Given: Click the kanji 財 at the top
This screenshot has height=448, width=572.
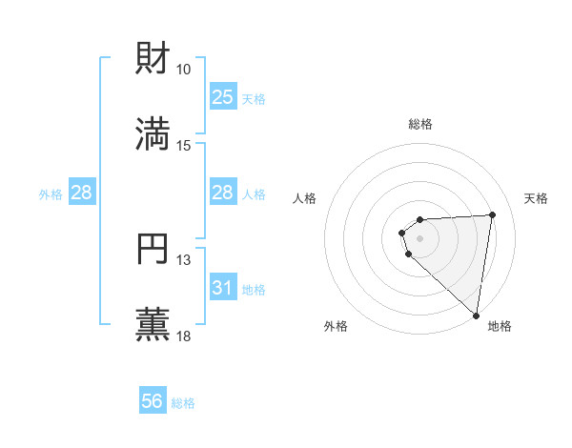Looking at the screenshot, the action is click(153, 59).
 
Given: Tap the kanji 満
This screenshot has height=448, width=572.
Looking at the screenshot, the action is click(153, 133).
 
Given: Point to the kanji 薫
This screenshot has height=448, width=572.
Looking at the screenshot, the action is click(153, 324).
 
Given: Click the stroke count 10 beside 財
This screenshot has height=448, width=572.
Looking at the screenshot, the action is click(184, 70).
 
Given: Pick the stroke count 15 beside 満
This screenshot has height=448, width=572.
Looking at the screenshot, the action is click(184, 145).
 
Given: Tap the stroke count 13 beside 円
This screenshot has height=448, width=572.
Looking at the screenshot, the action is click(184, 260).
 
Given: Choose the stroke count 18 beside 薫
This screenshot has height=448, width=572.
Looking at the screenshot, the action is click(184, 336).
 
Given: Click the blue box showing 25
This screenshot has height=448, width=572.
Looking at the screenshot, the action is click(223, 97).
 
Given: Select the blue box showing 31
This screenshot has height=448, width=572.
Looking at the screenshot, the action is click(223, 288).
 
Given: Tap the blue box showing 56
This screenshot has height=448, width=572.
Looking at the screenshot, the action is click(153, 402).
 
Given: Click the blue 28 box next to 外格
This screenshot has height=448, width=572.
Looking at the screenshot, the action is click(82, 193).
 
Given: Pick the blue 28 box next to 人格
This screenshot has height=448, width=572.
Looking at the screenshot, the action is click(223, 193).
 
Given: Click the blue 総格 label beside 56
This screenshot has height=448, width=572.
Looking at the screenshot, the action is click(184, 403).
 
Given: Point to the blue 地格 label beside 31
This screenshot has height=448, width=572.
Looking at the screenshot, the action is click(255, 289).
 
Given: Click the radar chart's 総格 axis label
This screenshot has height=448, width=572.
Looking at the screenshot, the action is click(420, 124).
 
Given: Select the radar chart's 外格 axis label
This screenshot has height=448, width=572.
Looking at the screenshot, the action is click(336, 326).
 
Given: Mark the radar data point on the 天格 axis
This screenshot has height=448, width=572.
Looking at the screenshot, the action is click(492, 214).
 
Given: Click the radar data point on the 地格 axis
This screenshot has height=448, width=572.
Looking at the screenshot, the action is click(477, 316).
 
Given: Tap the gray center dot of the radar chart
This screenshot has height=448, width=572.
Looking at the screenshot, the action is click(420, 237).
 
